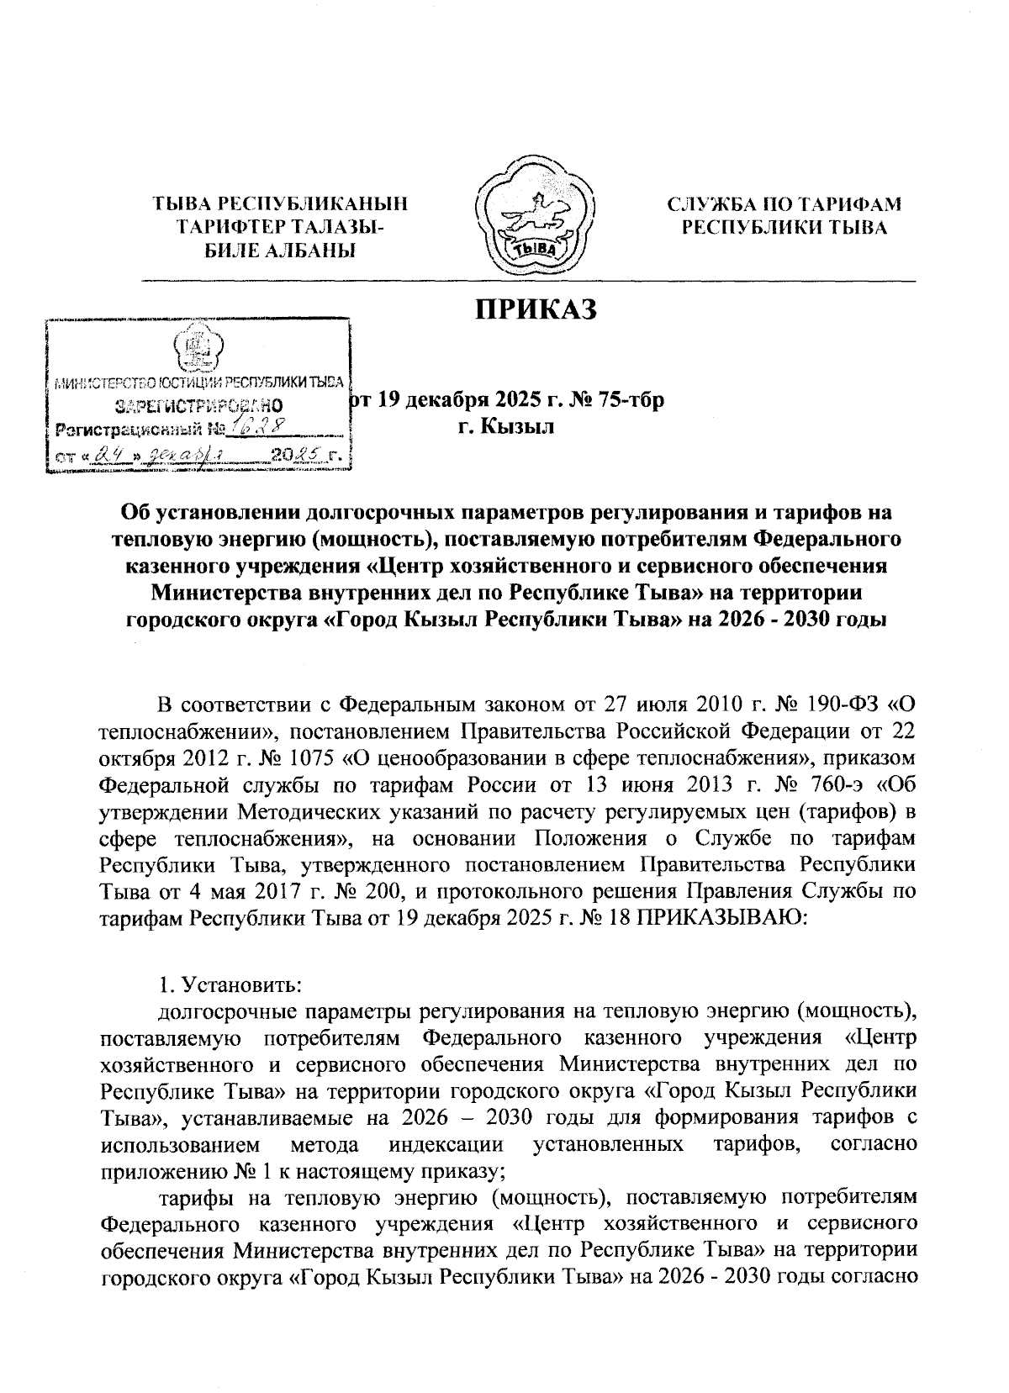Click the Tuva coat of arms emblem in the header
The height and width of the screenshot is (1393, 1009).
(x=536, y=215)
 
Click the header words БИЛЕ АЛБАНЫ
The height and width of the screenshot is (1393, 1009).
(x=280, y=250)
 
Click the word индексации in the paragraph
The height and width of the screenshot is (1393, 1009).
(x=446, y=1144)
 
